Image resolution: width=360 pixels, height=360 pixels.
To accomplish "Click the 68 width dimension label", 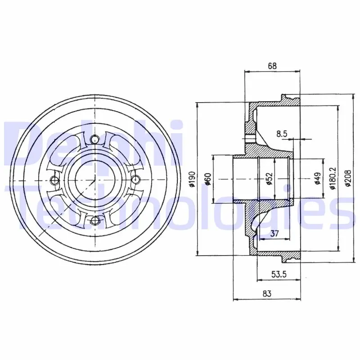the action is click(272, 66).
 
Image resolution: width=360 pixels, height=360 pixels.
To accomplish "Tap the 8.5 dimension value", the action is click(282, 134).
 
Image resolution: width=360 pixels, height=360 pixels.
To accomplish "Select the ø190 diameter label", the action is click(193, 179).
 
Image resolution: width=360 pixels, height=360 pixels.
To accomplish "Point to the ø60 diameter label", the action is click(208, 179).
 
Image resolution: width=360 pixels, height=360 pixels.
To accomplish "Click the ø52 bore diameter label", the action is click(269, 179).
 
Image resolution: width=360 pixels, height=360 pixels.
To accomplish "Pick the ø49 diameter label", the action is click(318, 179).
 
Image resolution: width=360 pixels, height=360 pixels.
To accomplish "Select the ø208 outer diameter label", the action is click(348, 178).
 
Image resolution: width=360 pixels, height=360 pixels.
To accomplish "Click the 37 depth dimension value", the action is click(274, 234).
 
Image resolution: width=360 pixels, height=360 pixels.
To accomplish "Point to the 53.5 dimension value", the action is click(279, 274).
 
